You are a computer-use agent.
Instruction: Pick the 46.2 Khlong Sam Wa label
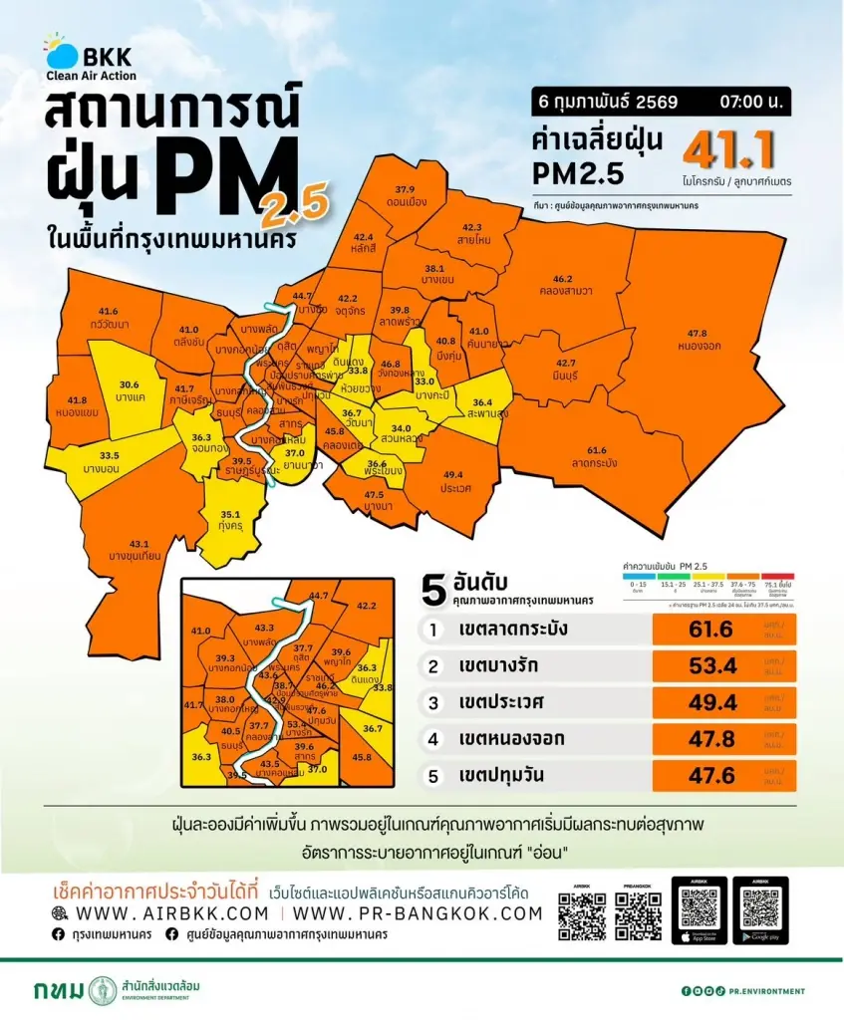pos(565,284)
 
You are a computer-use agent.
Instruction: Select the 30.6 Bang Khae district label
pos(130,389)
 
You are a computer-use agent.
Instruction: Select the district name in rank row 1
pos(515,630)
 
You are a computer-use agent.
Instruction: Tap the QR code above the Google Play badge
pos(760,907)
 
